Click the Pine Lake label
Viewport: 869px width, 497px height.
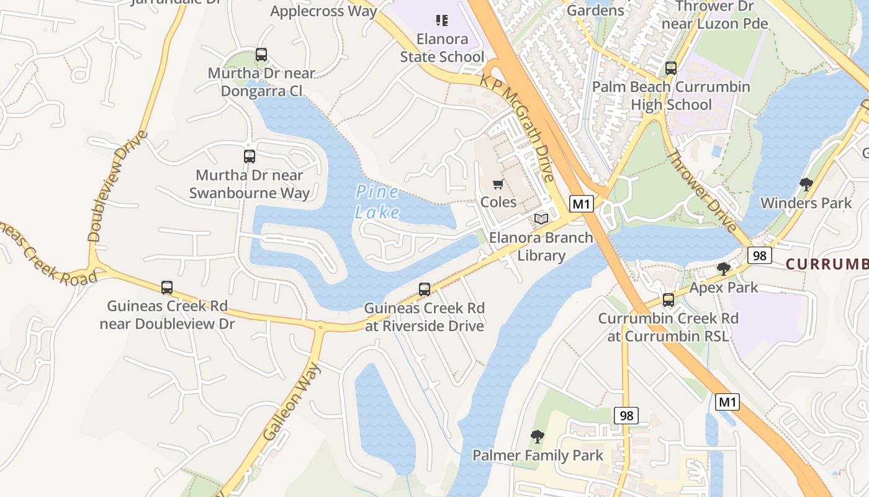click(x=377, y=203)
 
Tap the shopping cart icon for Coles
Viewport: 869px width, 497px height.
click(x=498, y=185)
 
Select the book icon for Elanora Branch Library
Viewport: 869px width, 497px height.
click(x=541, y=219)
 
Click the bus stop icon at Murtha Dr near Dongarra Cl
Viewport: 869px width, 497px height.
click(x=261, y=55)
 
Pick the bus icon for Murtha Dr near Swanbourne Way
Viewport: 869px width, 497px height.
click(x=250, y=157)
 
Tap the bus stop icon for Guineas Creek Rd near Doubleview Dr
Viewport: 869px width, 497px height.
click(x=167, y=288)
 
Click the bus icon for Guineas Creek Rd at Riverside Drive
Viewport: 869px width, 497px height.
click(x=425, y=290)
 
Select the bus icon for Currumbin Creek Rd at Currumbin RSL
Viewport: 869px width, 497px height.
click(x=669, y=300)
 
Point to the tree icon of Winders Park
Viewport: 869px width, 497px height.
click(x=806, y=185)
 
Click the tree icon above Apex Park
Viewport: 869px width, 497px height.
click(x=724, y=269)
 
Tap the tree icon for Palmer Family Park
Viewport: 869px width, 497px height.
click(x=538, y=437)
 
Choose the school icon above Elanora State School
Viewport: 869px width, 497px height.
click(x=442, y=21)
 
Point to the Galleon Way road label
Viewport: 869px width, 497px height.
click(x=292, y=401)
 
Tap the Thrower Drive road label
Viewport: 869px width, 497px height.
click(x=701, y=190)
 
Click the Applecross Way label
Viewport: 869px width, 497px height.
click(x=323, y=11)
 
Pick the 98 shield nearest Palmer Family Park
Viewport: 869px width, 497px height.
click(x=626, y=416)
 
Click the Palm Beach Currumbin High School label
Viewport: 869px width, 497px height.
click(x=671, y=96)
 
